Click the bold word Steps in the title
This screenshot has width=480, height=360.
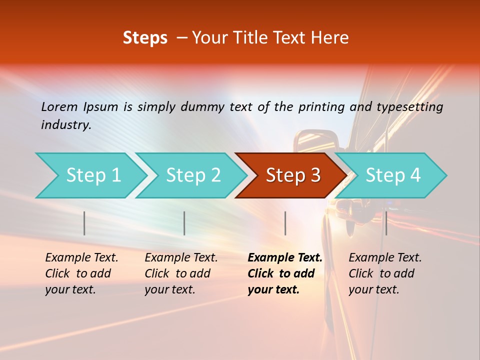click(x=145, y=38)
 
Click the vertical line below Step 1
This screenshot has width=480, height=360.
click(x=84, y=223)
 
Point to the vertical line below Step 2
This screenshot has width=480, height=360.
click(x=184, y=223)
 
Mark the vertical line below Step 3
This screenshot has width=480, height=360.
click(x=285, y=223)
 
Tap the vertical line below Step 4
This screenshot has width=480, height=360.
click(x=386, y=223)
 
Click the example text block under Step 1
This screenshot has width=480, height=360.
click(x=81, y=273)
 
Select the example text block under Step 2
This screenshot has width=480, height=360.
click(x=181, y=273)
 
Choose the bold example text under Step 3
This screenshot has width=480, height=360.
click(x=284, y=273)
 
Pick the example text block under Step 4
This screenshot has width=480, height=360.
click(x=384, y=273)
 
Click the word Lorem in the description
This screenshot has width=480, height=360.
click(x=59, y=106)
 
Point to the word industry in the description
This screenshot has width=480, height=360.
click(x=66, y=125)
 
